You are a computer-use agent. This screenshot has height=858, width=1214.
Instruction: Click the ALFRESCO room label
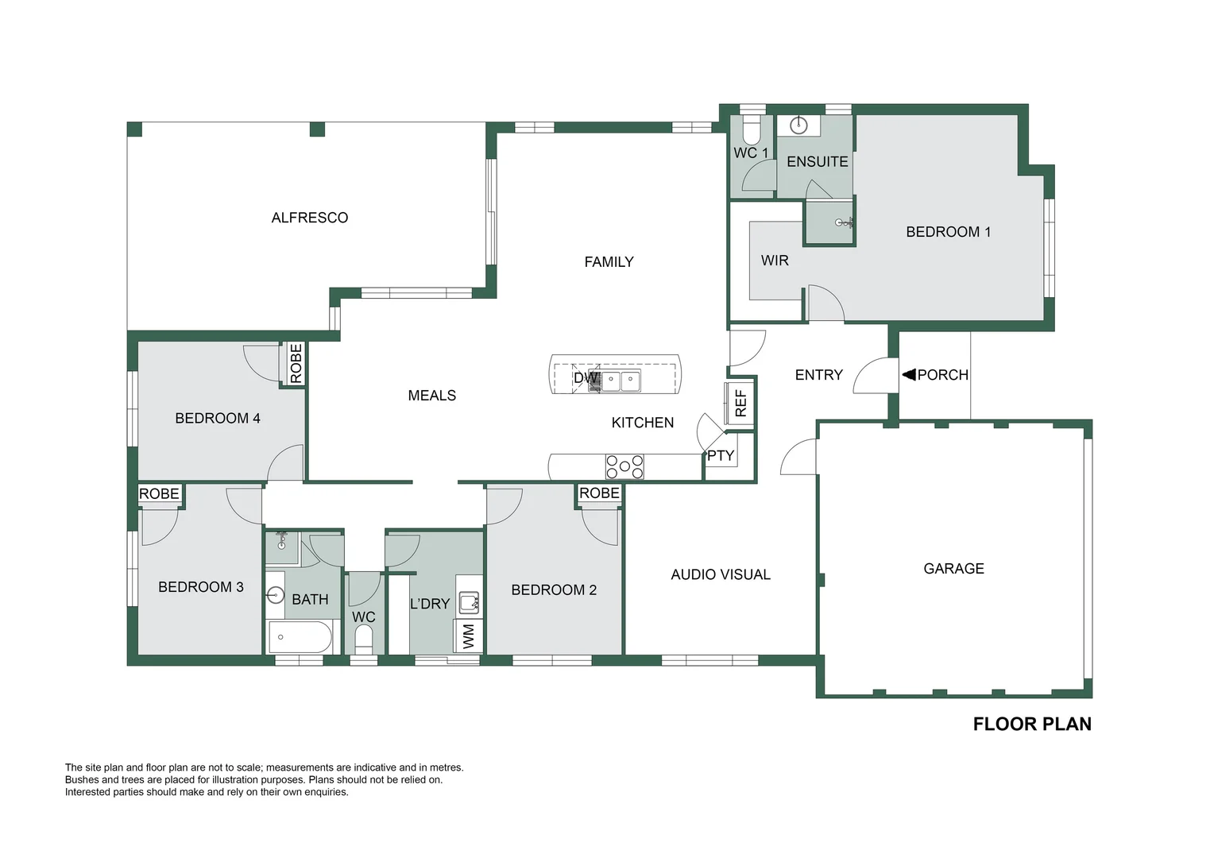(310, 218)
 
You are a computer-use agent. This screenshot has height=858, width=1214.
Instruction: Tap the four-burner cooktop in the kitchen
(624, 466)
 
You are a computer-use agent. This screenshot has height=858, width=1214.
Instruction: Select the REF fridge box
(740, 404)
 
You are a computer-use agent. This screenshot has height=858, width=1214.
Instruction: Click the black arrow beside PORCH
(909, 374)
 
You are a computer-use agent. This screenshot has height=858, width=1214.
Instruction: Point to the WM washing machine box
(469, 636)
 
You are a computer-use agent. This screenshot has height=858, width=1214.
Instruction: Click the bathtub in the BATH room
(300, 637)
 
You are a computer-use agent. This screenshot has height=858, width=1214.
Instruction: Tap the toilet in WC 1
(751, 129)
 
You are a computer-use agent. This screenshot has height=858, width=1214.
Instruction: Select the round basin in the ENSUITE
(798, 126)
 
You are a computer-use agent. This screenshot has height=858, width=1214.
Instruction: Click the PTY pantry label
(721, 455)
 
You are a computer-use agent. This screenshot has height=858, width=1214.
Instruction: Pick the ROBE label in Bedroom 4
(296, 363)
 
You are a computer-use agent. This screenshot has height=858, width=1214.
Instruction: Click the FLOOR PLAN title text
(1032, 724)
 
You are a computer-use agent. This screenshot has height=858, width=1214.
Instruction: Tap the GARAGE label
(953, 568)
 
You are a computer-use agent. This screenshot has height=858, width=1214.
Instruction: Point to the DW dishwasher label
(586, 378)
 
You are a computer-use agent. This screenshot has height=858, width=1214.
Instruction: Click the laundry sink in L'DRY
(469, 602)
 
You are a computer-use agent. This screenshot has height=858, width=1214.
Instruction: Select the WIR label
(775, 260)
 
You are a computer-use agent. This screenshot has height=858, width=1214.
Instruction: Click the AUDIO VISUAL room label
(721, 574)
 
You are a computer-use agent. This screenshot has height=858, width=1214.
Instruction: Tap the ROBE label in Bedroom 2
(599, 493)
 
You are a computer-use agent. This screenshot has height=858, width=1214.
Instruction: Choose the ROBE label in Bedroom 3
(159, 493)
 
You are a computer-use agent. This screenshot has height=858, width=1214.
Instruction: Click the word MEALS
(432, 395)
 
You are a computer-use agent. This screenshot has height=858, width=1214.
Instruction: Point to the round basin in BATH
(276, 596)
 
